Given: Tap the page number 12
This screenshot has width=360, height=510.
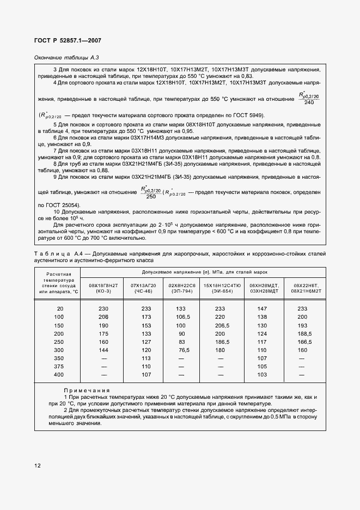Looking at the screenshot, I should [37, 465].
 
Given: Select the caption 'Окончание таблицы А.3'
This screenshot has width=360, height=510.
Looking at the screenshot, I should [66, 57].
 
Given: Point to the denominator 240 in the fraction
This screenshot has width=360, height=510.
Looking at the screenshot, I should [309, 102].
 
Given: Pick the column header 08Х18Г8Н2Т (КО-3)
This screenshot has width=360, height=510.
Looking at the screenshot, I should [103, 288].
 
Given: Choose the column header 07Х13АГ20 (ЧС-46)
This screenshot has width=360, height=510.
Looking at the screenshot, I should [143, 288].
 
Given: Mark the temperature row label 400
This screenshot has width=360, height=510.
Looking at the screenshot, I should [59, 375].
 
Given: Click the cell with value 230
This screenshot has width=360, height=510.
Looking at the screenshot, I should [103, 309].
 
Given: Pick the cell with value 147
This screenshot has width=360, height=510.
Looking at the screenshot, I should [263, 309].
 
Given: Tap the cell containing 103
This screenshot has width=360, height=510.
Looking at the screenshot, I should [263, 375].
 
